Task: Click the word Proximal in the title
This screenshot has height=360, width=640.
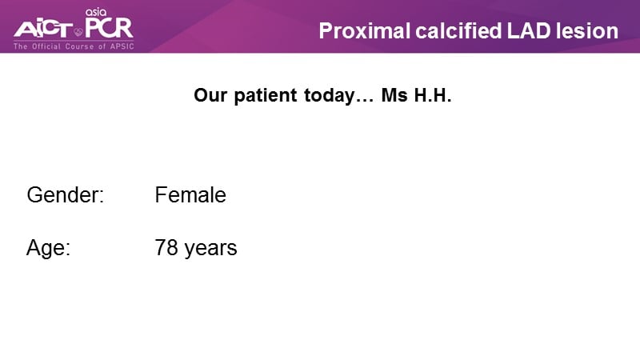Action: click(364, 31)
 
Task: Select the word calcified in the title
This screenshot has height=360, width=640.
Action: click(458, 31)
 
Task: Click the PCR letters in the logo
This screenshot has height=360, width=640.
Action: click(109, 27)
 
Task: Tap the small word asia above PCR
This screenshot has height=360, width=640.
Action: click(96, 12)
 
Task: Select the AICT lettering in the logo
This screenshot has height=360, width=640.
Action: click(43, 29)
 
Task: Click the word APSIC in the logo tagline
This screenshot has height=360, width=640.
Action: click(122, 46)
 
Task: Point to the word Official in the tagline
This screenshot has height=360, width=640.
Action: click(46, 46)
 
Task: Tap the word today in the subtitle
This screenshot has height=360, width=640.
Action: click(330, 96)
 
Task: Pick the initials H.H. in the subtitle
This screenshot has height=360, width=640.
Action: click(433, 95)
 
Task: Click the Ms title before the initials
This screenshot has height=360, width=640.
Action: click(394, 95)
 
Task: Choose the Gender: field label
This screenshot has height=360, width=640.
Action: click(66, 194)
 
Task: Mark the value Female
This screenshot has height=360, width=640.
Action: click(190, 194)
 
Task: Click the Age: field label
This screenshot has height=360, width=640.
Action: click(48, 248)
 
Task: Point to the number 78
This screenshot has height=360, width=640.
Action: click(166, 248)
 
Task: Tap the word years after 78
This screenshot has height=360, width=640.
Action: click(210, 249)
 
